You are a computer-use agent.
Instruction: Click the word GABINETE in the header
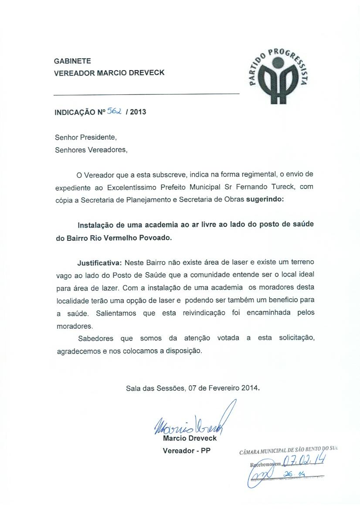point(72,61)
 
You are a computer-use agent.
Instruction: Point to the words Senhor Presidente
point(86,138)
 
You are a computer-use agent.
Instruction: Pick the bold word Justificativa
point(100,263)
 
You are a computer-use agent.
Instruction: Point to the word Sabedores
point(95,338)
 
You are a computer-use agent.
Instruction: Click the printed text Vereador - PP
point(186,451)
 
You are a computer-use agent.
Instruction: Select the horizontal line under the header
point(146,94)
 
